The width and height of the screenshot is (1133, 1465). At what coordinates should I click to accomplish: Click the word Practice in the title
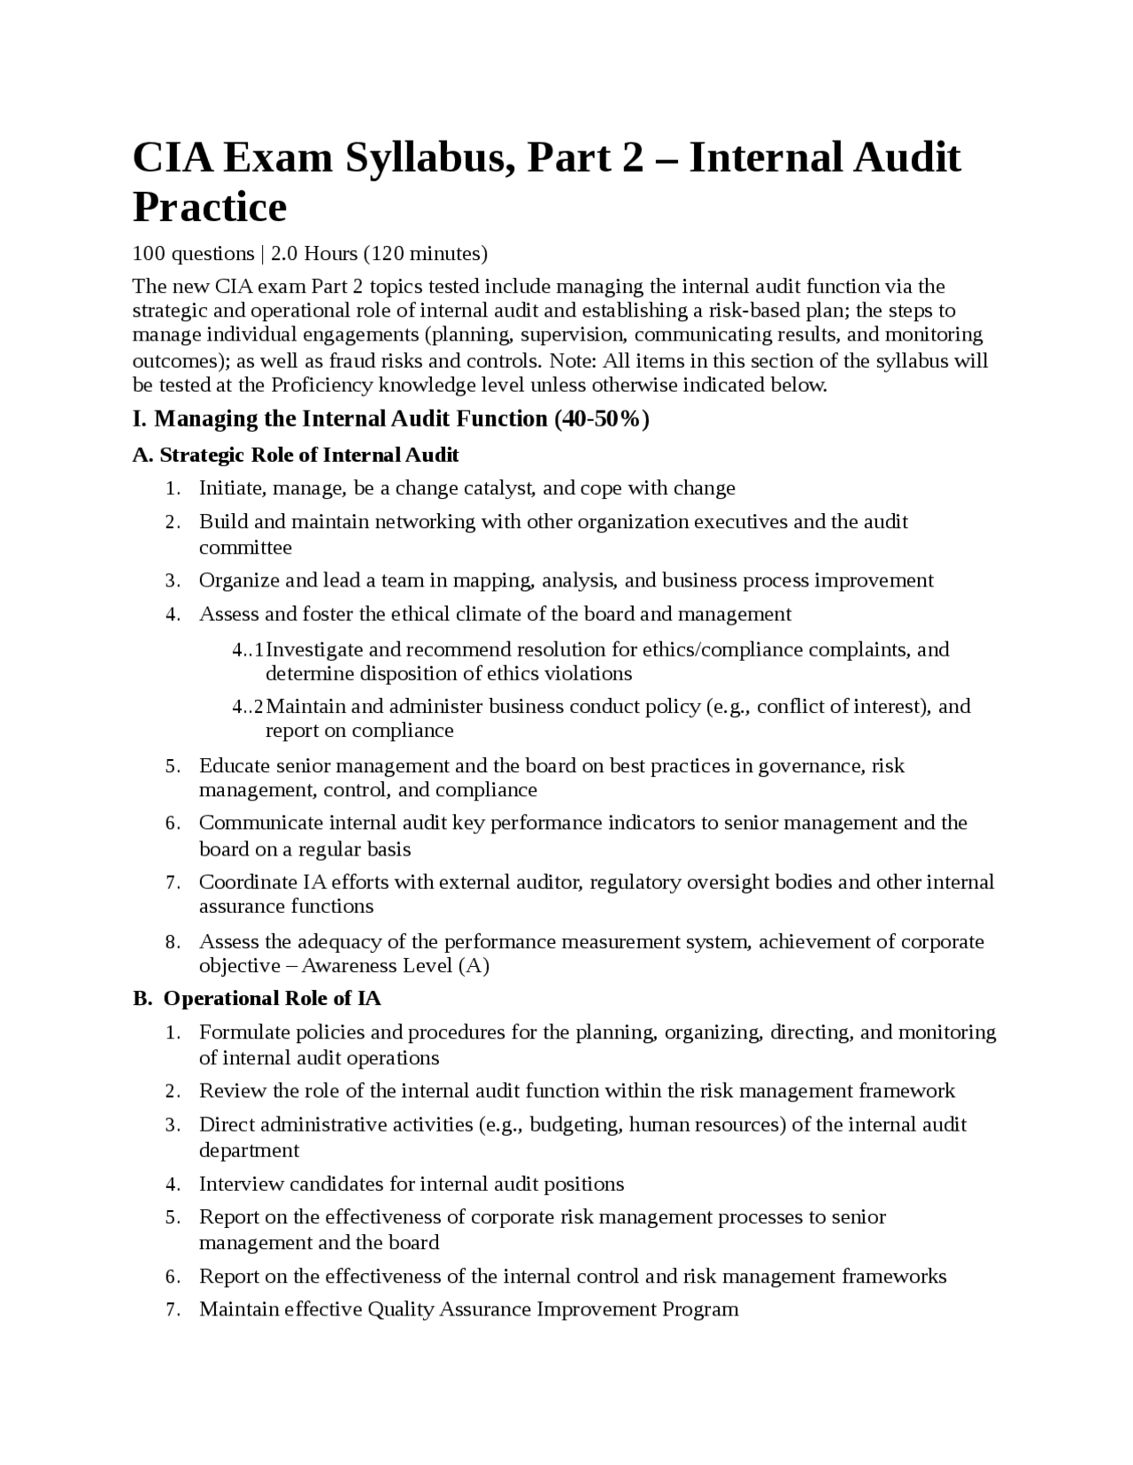[x=210, y=207]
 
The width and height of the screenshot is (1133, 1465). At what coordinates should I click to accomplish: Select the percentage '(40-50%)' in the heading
[x=602, y=418]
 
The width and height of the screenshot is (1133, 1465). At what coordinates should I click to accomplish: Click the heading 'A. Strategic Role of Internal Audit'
[x=296, y=455]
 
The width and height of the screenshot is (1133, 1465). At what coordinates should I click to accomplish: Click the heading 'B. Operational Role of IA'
[x=257, y=998]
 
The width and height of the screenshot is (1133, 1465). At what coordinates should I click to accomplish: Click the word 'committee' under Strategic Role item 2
[x=245, y=548]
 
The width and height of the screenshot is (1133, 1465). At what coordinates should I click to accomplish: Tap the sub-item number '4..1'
[x=248, y=650]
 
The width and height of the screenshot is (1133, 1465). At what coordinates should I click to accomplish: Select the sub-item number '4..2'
[x=248, y=707]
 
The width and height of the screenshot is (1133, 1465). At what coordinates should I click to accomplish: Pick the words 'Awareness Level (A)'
[x=395, y=965]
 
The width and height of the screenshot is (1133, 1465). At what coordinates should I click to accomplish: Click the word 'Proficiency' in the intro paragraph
[x=322, y=385]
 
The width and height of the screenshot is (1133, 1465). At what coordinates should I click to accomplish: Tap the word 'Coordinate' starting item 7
[x=248, y=882]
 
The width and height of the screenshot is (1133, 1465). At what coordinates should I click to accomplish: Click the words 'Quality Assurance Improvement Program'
[x=552, y=1309]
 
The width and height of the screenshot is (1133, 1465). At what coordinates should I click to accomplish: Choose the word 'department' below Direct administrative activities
[x=249, y=1150]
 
